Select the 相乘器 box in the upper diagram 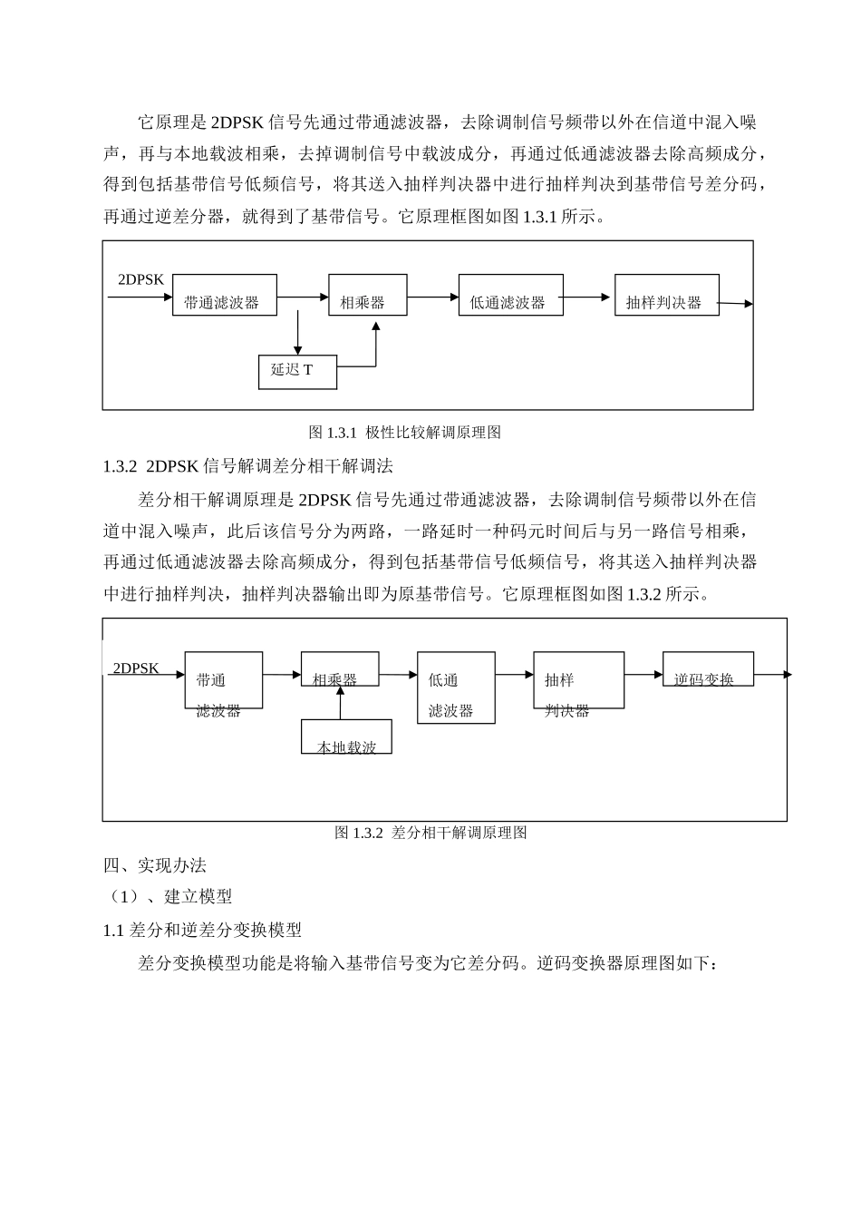[x=367, y=295]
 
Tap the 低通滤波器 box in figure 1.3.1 [x=510, y=295]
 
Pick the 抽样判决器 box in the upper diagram [x=666, y=295]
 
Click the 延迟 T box [x=297, y=371]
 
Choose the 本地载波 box [x=346, y=736]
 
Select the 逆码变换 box [x=707, y=668]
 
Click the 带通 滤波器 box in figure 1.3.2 [x=223, y=680]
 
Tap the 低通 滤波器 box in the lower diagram [x=455, y=688]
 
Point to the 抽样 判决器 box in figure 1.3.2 [x=577, y=680]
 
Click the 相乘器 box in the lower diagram [x=339, y=669]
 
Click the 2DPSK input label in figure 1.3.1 [x=141, y=279]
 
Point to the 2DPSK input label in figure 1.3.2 [x=136, y=668]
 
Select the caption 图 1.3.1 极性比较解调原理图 [x=404, y=433]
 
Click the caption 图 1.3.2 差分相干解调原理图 [x=430, y=833]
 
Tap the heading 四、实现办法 [x=155, y=865]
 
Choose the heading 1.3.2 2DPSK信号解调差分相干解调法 [x=247, y=466]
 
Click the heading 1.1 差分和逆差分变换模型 [x=202, y=930]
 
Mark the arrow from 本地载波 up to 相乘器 [x=340, y=703]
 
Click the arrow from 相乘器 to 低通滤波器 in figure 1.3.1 [x=432, y=296]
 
